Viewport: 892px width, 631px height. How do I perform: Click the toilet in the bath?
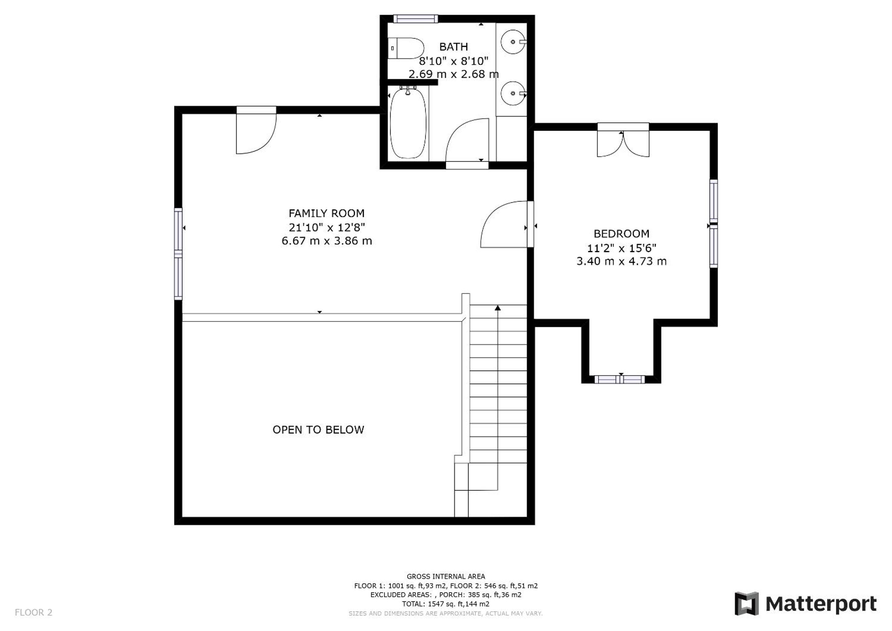coord(405,48)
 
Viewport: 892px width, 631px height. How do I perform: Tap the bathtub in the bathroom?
coord(408,123)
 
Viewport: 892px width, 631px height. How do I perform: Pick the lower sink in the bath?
coord(513,94)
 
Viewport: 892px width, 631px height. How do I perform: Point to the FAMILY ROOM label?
coord(326,213)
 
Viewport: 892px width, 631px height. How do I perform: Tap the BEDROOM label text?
coord(621,234)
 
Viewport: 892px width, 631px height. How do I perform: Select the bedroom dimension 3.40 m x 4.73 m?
coord(621,261)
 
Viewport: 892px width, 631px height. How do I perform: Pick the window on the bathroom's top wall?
coord(416,19)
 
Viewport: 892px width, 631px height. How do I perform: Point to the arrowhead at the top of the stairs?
coord(498,308)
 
